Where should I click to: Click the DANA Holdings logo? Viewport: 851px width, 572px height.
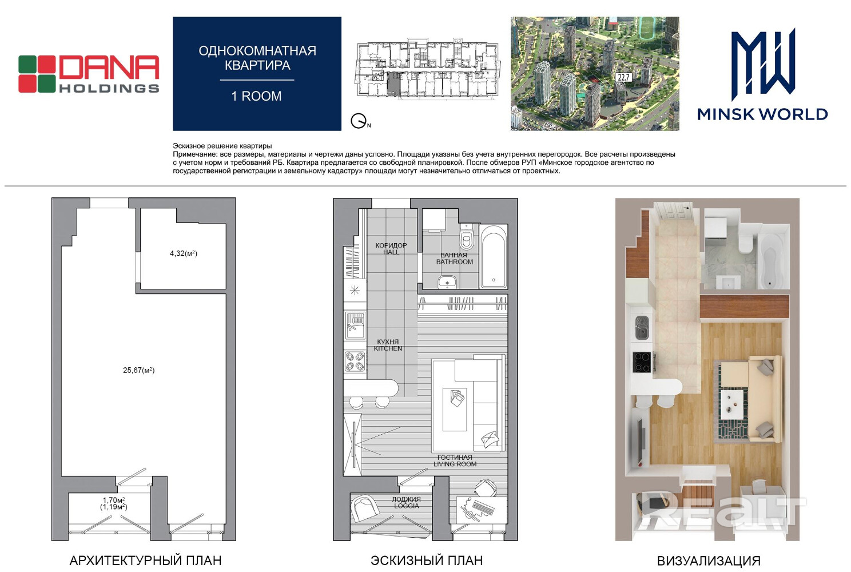click(89, 74)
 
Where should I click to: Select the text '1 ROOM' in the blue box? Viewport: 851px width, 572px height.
click(256, 96)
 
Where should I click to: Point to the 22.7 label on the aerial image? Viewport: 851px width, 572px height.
click(623, 78)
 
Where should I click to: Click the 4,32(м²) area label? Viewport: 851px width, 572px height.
click(184, 253)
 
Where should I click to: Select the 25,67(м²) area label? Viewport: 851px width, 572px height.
click(138, 370)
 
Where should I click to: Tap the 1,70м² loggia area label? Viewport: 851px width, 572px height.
click(114, 500)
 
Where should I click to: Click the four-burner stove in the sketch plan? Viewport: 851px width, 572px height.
click(355, 362)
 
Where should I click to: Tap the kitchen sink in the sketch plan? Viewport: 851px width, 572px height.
click(355, 325)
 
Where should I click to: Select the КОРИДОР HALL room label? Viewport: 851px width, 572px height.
click(391, 249)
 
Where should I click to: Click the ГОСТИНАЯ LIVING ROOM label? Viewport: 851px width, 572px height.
click(455, 460)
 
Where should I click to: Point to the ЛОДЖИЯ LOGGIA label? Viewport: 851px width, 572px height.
click(407, 502)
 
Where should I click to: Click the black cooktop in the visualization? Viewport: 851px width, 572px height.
click(642, 362)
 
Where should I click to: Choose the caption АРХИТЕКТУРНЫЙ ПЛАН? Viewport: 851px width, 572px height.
click(145, 561)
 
